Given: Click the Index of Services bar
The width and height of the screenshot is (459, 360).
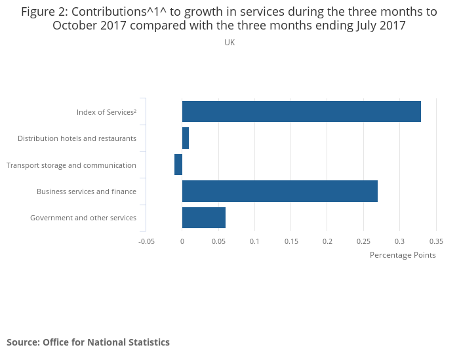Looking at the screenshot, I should [301, 111].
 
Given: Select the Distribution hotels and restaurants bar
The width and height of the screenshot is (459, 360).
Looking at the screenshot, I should [186, 138].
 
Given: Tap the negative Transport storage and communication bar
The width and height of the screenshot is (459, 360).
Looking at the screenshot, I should [178, 165].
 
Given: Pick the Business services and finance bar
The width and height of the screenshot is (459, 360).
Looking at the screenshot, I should [279, 191].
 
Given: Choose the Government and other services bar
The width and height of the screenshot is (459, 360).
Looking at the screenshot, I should [203, 217].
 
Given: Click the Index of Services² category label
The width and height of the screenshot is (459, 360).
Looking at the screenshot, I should [106, 112].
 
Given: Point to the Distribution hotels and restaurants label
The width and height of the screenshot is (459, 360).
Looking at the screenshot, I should [77, 138].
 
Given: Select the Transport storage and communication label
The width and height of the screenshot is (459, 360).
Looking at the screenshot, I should [71, 165].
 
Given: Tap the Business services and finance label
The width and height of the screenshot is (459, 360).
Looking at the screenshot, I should [87, 191].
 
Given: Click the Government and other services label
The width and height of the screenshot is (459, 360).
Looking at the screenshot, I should [83, 218].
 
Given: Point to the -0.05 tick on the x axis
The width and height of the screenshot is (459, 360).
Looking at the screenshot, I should [146, 241].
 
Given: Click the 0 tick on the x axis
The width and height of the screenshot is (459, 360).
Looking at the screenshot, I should [182, 241].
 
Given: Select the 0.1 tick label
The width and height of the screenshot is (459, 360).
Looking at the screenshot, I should [254, 241].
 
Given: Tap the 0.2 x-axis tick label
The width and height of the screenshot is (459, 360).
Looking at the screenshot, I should [327, 241].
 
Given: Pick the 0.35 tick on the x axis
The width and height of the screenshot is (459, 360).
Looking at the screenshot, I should [435, 241].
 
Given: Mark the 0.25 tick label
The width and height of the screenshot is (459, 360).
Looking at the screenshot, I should [363, 241].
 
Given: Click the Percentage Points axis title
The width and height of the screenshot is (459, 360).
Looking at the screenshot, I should [403, 255].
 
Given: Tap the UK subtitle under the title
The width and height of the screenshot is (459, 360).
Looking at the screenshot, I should [229, 43].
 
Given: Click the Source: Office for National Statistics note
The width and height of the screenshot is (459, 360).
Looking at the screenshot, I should [88, 342].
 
